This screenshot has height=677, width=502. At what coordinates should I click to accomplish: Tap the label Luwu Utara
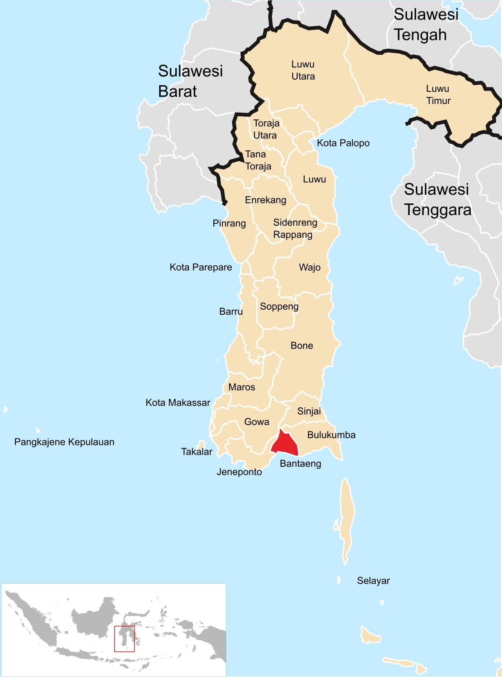(x=303, y=70)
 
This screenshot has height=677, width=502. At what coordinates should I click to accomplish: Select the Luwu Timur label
(x=438, y=95)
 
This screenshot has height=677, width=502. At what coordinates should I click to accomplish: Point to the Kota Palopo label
(x=343, y=143)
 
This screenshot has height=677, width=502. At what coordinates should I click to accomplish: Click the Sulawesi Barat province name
(x=190, y=81)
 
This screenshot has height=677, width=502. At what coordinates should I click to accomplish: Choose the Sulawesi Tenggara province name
(x=437, y=199)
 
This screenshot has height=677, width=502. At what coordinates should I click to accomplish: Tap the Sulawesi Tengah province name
(x=426, y=24)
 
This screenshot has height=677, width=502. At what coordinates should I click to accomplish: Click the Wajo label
(x=309, y=267)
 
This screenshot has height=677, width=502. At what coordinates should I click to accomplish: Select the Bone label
(x=302, y=345)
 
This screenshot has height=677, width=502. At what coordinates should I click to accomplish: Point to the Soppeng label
(x=279, y=306)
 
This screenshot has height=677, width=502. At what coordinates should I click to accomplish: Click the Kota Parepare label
(x=200, y=267)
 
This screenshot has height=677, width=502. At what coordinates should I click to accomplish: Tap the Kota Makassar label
(x=178, y=402)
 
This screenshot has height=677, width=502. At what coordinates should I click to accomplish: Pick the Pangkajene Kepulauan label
(x=64, y=442)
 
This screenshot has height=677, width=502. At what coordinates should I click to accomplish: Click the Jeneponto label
(x=239, y=472)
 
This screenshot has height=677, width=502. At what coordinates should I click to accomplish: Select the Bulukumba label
(x=331, y=435)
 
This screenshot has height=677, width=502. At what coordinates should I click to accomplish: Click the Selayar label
(x=373, y=580)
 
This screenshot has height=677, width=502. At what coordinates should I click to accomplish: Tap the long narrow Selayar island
(x=347, y=518)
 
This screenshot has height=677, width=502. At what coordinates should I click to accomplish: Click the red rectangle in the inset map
(x=124, y=639)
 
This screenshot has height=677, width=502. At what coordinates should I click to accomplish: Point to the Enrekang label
(x=266, y=200)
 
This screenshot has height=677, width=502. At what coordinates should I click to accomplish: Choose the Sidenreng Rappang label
(x=295, y=228)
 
